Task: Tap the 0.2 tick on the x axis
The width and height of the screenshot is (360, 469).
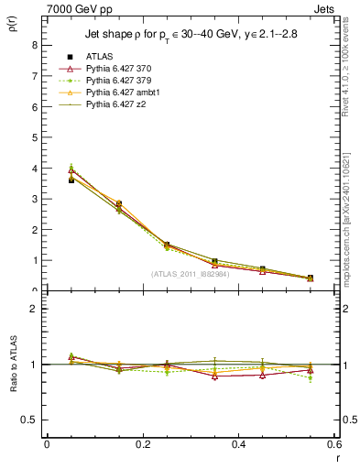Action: click(x=142, y=444)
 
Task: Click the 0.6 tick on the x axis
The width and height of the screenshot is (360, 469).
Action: click(x=333, y=444)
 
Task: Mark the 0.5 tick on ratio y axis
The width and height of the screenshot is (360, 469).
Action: click(x=30, y=420)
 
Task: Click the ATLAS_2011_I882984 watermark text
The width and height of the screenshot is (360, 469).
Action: click(x=191, y=274)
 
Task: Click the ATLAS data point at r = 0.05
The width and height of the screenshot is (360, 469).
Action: click(x=71, y=180)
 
